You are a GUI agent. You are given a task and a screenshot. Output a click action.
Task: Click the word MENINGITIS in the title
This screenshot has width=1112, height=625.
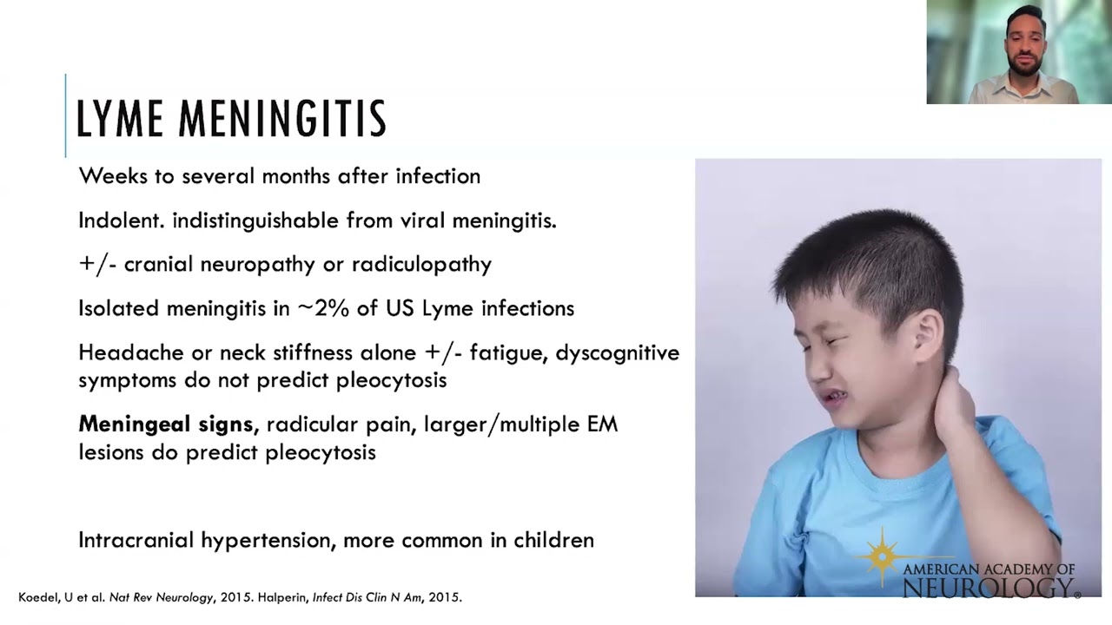[283, 120]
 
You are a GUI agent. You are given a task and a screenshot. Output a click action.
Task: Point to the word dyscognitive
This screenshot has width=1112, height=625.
[618, 352]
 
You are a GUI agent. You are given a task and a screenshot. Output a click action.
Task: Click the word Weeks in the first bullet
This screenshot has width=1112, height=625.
[105, 176]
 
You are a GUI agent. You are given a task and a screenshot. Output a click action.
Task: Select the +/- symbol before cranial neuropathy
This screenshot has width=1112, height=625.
[97, 264]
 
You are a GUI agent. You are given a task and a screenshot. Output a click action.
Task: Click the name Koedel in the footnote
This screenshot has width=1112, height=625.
[38, 597]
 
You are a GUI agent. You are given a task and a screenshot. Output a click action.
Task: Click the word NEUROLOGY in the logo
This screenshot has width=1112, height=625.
[987, 588]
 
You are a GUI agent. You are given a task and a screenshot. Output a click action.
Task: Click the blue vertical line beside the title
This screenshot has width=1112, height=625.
[65, 116]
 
